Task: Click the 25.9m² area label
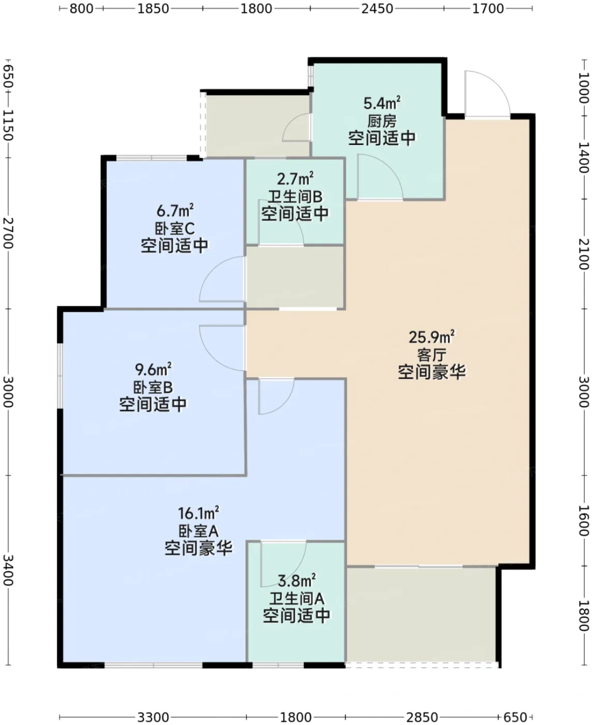tap(431, 337)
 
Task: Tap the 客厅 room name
tap(432, 354)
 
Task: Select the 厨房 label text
tap(382, 121)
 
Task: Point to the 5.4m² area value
tap(382, 103)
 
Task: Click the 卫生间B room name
tap(295, 197)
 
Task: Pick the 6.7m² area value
tap(175, 210)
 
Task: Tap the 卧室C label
tap(175, 228)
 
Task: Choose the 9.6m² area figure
tap(153, 370)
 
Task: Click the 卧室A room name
tap(198, 531)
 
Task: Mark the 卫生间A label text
tap(296, 599)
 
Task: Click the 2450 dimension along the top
tap(377, 9)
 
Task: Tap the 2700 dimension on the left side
tap(8, 233)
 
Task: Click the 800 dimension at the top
tap(81, 9)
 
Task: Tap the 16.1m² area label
tap(198, 513)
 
